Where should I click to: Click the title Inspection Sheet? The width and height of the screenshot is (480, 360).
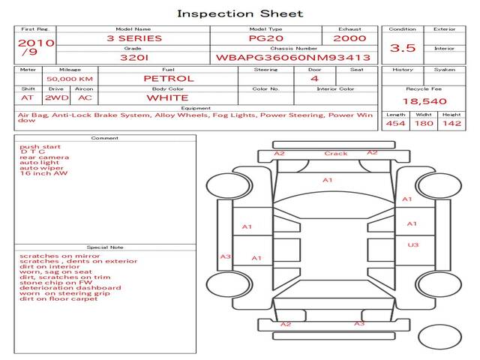(240, 13)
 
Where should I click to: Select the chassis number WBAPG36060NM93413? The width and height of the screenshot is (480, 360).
(293, 58)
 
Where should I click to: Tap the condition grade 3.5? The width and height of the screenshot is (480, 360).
(402, 48)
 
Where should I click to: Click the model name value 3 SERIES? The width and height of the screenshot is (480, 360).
(134, 38)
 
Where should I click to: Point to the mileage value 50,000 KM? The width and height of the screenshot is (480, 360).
(70, 79)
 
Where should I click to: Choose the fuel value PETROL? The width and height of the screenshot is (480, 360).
(169, 79)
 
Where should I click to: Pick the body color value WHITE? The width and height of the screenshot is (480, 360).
(167, 98)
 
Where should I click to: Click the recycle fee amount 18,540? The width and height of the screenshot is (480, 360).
(424, 101)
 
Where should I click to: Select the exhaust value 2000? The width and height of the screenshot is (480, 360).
(349, 38)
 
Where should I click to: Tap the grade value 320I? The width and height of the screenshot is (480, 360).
(134, 58)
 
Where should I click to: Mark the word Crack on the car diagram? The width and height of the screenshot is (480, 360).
(336, 153)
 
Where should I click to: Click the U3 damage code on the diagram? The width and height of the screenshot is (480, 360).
(413, 245)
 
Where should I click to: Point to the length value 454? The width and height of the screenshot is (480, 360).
(395, 124)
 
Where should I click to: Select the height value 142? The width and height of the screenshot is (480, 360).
(451, 124)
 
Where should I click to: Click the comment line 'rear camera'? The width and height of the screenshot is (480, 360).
(44, 157)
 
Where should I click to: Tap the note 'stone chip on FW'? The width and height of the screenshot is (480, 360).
(55, 283)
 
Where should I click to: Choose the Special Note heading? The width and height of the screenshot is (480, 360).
(105, 247)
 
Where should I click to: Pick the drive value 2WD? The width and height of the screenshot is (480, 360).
(57, 98)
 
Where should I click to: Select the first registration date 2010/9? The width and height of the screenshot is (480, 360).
(36, 47)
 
